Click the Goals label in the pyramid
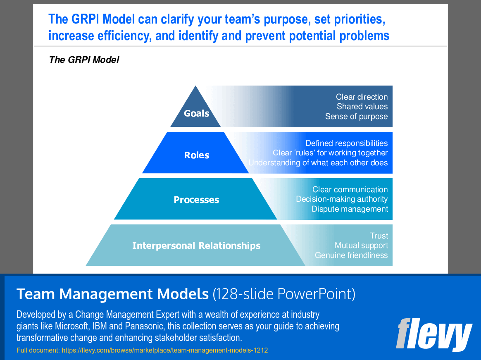click(x=196, y=113)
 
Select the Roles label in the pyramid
click(x=197, y=155)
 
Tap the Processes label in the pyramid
click(x=196, y=200)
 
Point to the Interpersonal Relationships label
click(x=196, y=246)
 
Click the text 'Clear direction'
click(x=362, y=97)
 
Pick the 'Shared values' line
click(x=362, y=107)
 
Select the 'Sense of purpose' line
click(x=356, y=117)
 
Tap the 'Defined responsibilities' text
click(x=346, y=143)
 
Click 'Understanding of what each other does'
click(x=318, y=162)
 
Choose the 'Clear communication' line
click(x=350, y=189)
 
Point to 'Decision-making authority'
click(x=342, y=199)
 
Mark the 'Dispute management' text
click(x=350, y=209)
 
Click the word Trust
click(x=379, y=236)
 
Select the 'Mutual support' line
click(x=361, y=246)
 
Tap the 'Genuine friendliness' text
click(x=351, y=255)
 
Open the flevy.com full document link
click(x=164, y=350)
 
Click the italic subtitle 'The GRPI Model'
click(x=84, y=60)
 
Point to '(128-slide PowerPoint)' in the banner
click(x=283, y=294)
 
